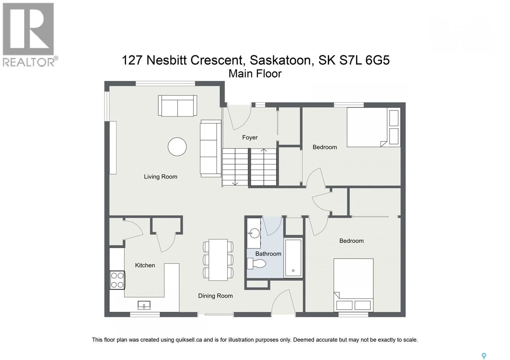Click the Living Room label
click(160, 176)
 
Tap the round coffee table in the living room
click(177, 147)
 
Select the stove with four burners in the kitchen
click(117, 280)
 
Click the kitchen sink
click(144, 305)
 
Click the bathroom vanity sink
click(254, 234)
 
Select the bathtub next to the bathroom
click(293, 258)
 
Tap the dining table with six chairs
click(218, 260)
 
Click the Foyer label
click(250, 137)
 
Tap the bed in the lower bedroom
click(353, 284)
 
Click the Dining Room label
click(215, 296)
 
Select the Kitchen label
click(145, 265)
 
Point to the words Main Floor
click(255, 74)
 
